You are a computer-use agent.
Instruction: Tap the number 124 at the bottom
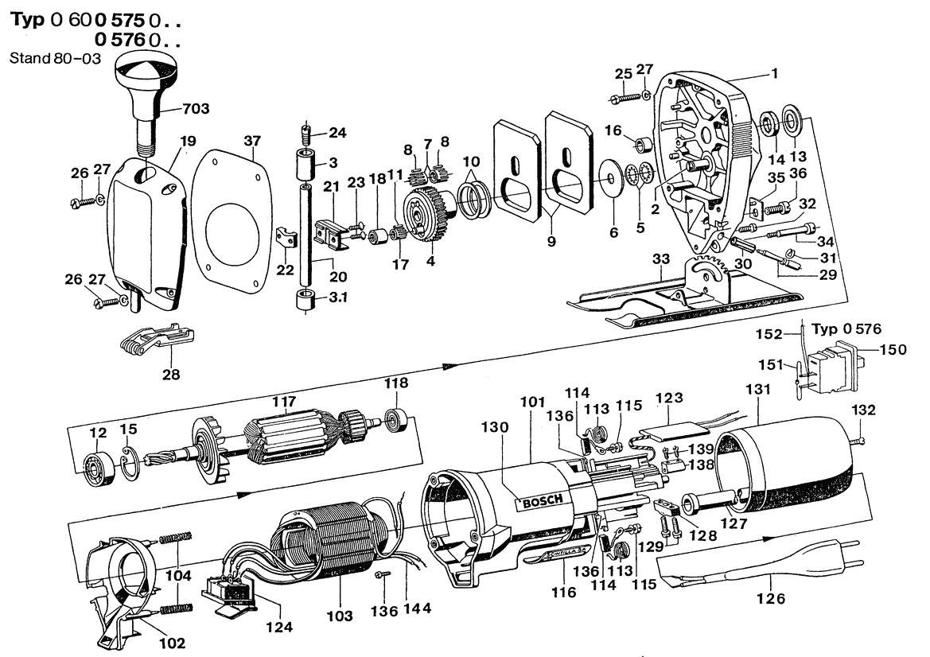(x=279, y=627)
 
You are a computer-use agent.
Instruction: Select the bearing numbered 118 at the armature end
(x=395, y=417)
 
